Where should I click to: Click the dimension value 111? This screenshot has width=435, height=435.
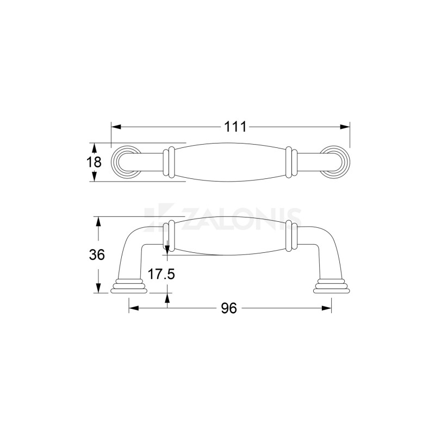235,127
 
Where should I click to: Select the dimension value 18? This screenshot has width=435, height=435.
94,162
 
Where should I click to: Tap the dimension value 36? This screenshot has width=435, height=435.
97,254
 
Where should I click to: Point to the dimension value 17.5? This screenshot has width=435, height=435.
161,274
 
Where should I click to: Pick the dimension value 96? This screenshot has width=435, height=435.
229,308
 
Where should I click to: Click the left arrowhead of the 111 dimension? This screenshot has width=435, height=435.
116,127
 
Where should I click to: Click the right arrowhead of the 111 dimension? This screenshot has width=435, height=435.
345,127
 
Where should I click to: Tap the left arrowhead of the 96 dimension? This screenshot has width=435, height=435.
134,308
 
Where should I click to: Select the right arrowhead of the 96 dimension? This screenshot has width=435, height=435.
327,308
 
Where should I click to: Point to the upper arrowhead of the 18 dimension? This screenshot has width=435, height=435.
94,148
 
